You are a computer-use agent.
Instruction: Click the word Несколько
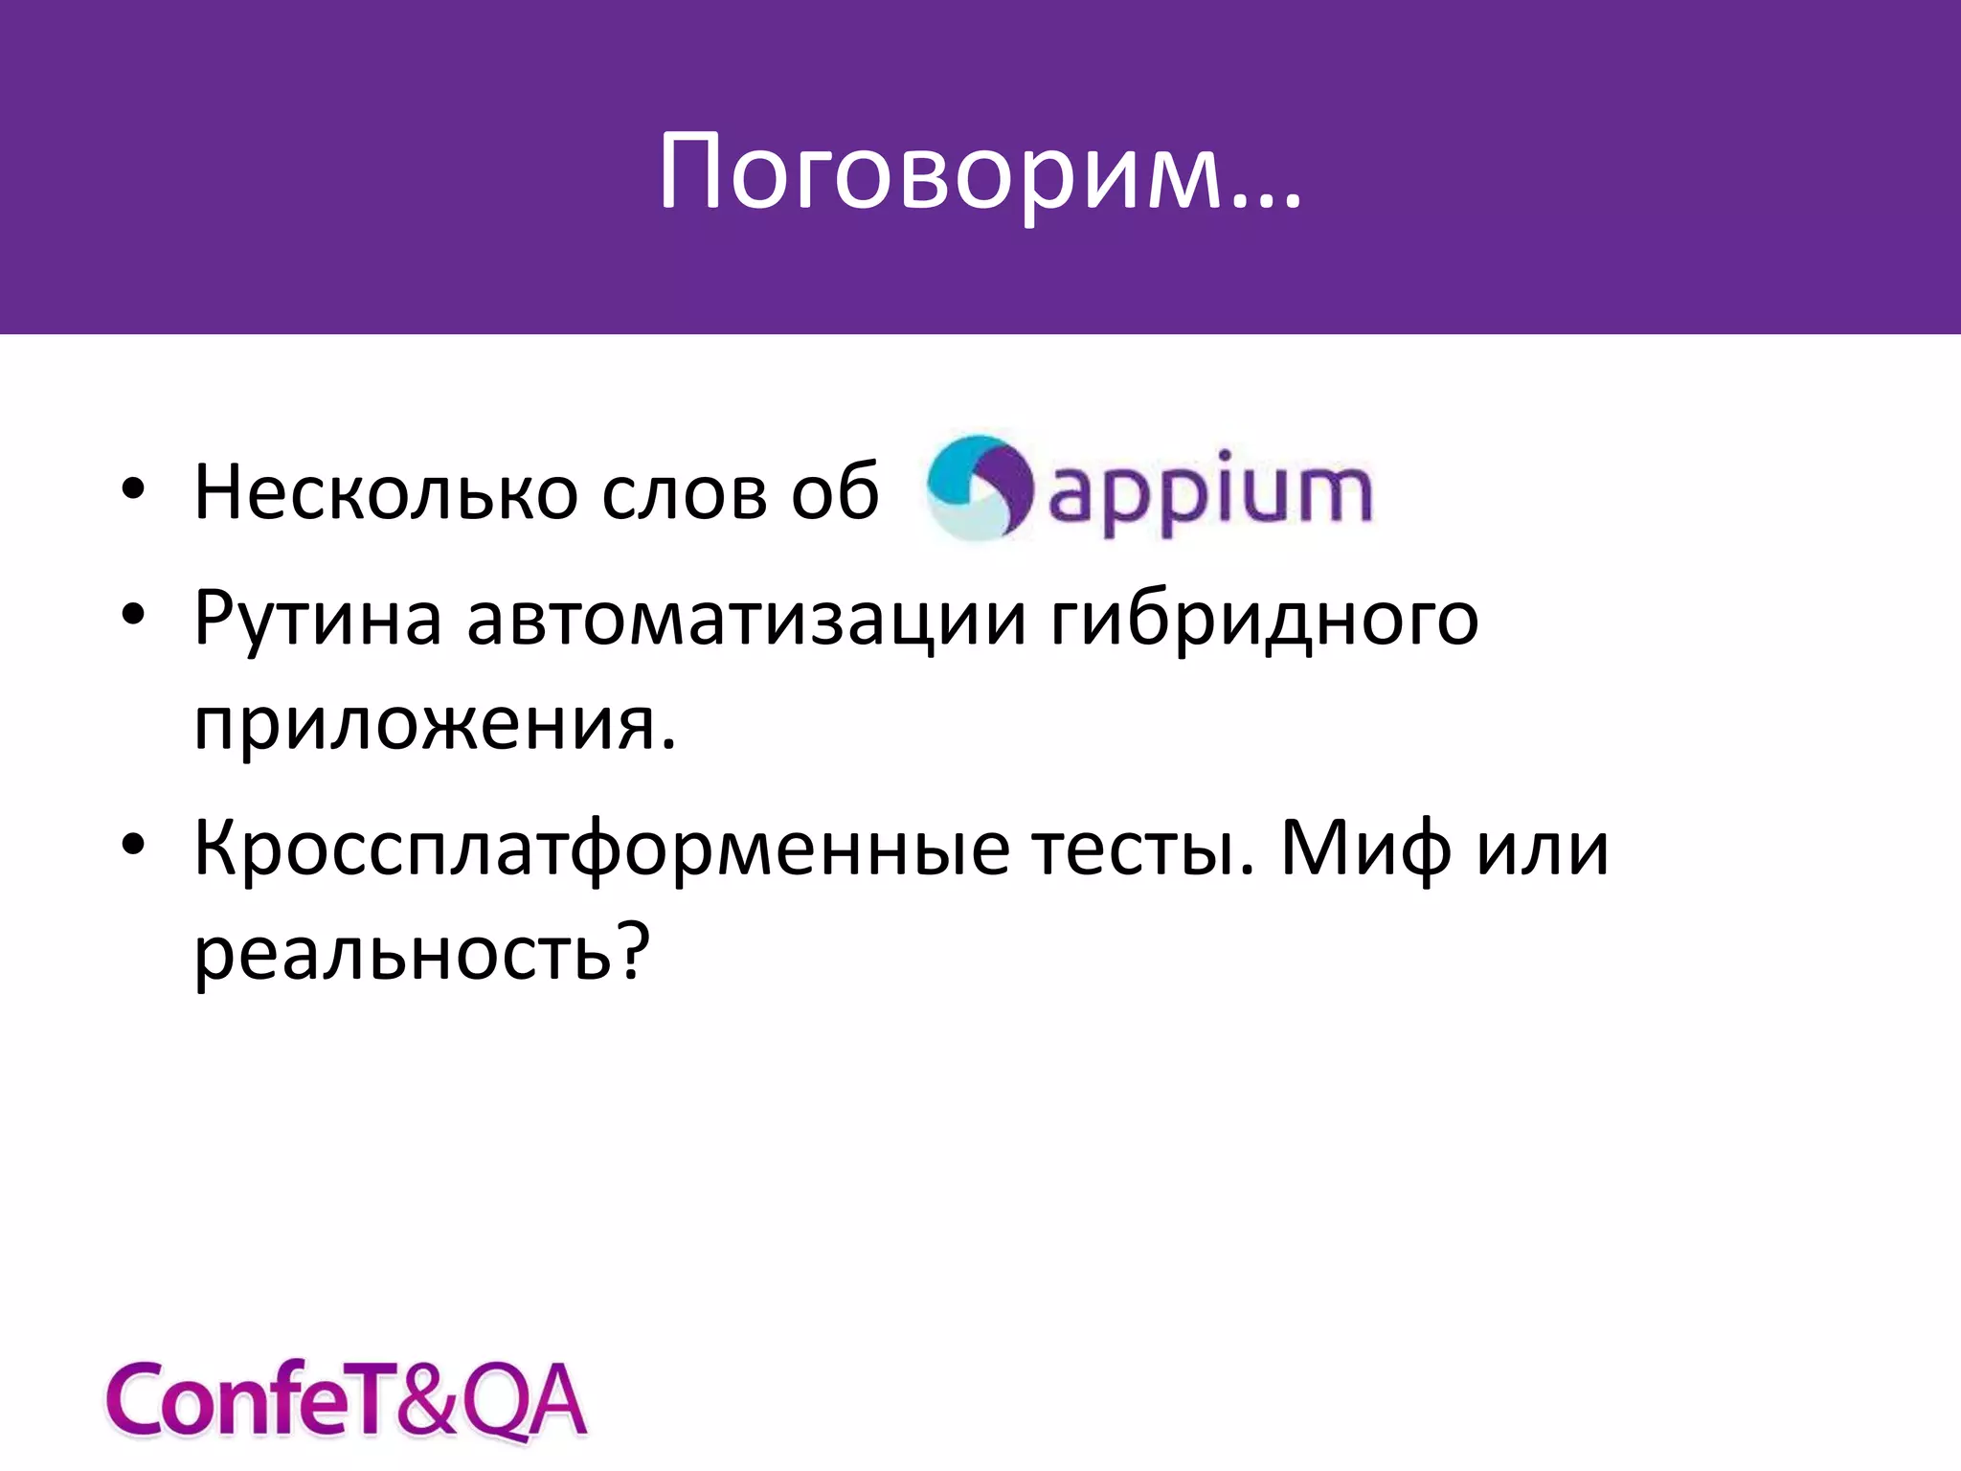click(x=386, y=492)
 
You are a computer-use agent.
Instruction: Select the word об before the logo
click(x=835, y=492)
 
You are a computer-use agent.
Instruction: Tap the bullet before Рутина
click(x=133, y=614)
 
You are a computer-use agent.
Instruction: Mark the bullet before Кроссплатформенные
click(x=133, y=845)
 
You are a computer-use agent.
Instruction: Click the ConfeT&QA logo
click(x=345, y=1400)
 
